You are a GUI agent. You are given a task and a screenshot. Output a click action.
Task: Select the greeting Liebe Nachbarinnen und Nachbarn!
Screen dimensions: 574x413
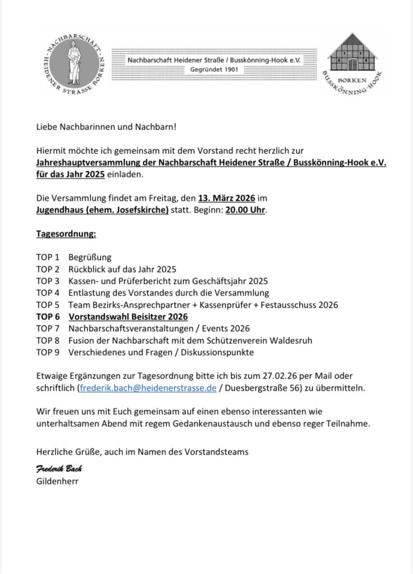coord(106,127)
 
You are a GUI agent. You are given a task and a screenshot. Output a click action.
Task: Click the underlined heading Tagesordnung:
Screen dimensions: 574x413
coord(66,234)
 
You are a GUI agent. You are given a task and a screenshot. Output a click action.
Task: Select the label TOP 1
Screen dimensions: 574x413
coord(48,257)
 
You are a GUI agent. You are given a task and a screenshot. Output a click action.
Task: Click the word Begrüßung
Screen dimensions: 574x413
coord(90,257)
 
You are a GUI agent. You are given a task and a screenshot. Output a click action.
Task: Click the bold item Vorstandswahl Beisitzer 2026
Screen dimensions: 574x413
coord(128,317)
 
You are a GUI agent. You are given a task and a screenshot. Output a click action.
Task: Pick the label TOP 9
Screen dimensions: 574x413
coord(48,352)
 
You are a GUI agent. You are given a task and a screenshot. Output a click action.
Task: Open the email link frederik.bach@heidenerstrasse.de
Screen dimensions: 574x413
coord(148,387)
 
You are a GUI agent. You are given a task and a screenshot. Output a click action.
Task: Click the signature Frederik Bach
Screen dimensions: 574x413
coord(59,469)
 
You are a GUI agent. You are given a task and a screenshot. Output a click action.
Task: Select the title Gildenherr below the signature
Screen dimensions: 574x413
coord(58,480)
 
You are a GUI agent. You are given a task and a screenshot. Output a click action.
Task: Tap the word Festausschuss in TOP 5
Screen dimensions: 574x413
coord(289,305)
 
